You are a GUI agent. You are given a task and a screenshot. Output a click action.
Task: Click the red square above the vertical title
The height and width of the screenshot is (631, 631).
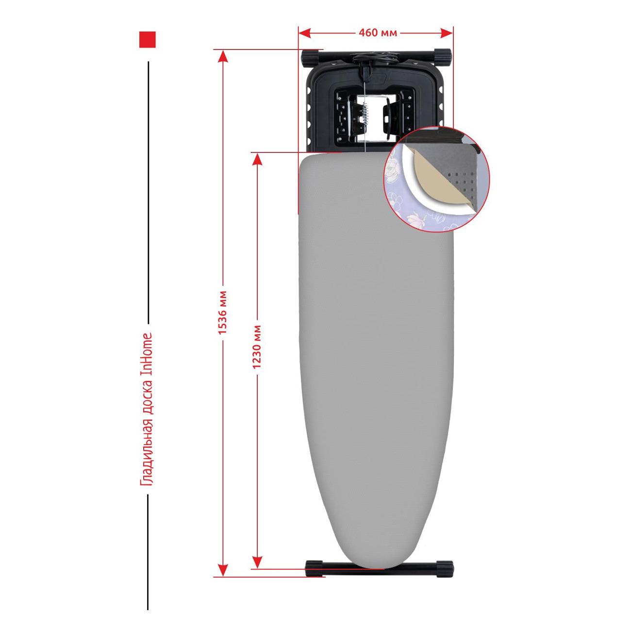pos(148,40)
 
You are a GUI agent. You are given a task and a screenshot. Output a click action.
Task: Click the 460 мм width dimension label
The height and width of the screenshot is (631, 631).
pos(378,33)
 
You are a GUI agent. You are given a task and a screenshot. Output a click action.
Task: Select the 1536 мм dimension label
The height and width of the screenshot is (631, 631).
pos(222,312)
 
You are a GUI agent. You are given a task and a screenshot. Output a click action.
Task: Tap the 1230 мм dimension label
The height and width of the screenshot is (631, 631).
pos(257,347)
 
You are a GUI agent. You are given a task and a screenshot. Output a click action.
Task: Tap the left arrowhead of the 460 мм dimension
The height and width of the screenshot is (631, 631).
pos(304,33)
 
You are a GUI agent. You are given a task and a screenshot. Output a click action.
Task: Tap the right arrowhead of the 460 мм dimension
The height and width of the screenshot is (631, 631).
pos(447,33)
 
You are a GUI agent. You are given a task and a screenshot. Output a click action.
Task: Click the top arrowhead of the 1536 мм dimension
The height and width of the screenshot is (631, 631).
pos(223,56)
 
